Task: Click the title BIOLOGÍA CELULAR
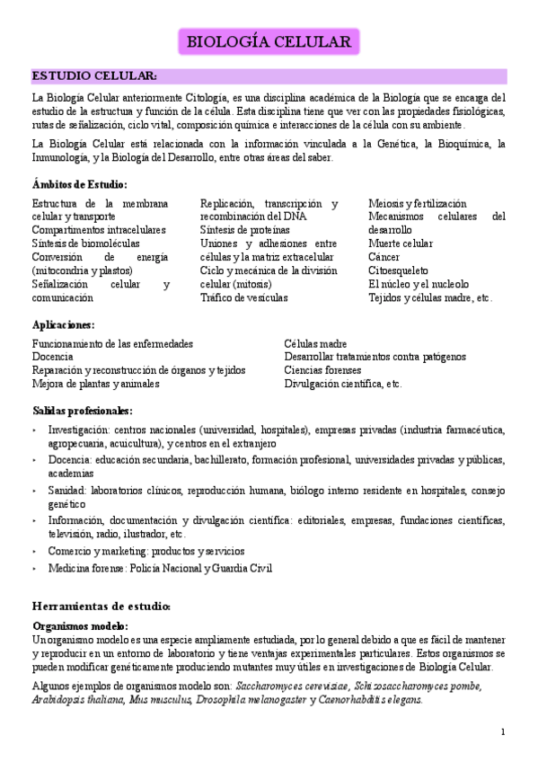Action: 269,41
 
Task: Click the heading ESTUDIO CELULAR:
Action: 95,75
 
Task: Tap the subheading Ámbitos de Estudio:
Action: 79,185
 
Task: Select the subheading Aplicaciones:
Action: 64,324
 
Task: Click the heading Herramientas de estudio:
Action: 101,607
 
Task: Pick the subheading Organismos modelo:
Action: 80,625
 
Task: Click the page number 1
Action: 503,731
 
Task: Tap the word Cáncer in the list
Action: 384,256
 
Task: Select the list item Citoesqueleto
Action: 398,270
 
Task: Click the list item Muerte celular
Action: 401,244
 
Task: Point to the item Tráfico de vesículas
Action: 243,297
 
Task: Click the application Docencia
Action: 53,357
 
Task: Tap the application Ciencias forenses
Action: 322,370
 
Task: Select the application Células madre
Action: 315,343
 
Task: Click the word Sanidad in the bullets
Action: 67,492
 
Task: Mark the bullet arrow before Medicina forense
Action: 35,568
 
